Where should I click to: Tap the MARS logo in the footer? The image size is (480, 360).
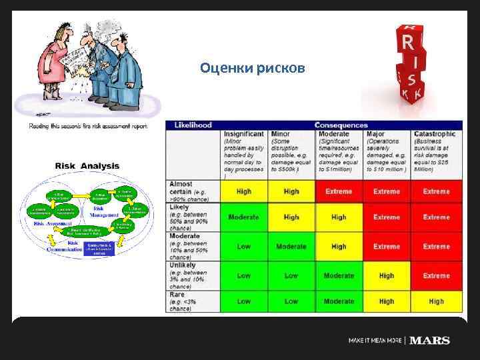[429, 340]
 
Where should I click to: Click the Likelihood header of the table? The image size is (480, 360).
[193, 125]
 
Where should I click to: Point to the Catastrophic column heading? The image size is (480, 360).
[434, 134]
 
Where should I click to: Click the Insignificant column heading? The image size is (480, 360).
[244, 134]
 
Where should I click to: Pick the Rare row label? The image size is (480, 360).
[177, 293]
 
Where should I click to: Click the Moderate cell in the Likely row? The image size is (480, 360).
[244, 217]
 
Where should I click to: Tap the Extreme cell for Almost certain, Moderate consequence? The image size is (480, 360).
[339, 191]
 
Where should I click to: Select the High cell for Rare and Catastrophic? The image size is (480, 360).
[436, 301]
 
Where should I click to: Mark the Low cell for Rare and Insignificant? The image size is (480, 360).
[244, 301]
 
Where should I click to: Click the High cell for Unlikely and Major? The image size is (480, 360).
[387, 275]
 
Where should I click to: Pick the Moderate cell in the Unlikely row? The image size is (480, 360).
[339, 275]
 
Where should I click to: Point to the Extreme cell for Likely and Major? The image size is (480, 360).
[387, 217]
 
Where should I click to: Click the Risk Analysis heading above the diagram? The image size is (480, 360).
[87, 166]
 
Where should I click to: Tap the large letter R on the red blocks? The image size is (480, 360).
[408, 43]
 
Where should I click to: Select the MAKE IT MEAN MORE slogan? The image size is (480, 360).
[375, 341]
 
